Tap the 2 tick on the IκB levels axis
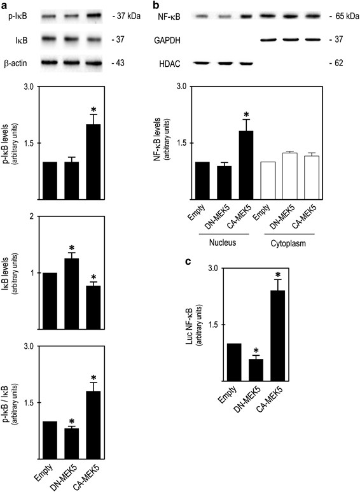[x=30, y=217]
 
